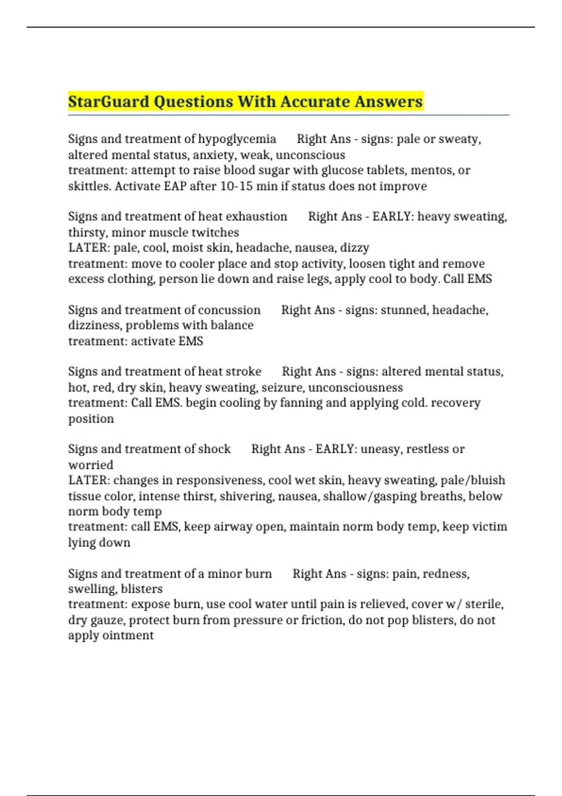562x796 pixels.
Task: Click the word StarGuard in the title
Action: [109, 102]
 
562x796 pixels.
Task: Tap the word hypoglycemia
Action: [237, 139]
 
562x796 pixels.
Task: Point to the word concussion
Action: [229, 310]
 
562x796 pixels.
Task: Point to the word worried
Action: [91, 465]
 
